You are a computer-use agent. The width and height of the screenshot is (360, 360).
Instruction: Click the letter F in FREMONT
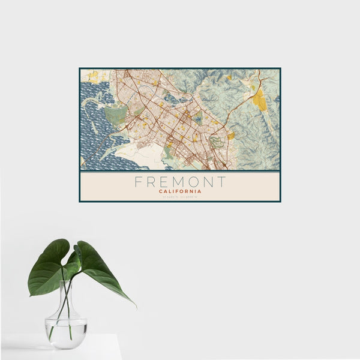point(138,182)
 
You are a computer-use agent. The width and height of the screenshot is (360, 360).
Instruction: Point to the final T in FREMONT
point(223,182)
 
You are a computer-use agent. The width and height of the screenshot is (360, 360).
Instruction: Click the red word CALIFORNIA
point(180,191)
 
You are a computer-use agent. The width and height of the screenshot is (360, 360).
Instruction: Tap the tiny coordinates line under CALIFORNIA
point(180,197)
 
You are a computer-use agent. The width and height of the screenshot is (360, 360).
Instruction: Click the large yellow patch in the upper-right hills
point(259,100)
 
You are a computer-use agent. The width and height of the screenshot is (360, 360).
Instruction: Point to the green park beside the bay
point(115,114)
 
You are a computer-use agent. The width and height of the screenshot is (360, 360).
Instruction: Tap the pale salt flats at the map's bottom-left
point(138,157)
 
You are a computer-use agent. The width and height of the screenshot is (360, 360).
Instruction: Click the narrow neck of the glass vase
point(66,294)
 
